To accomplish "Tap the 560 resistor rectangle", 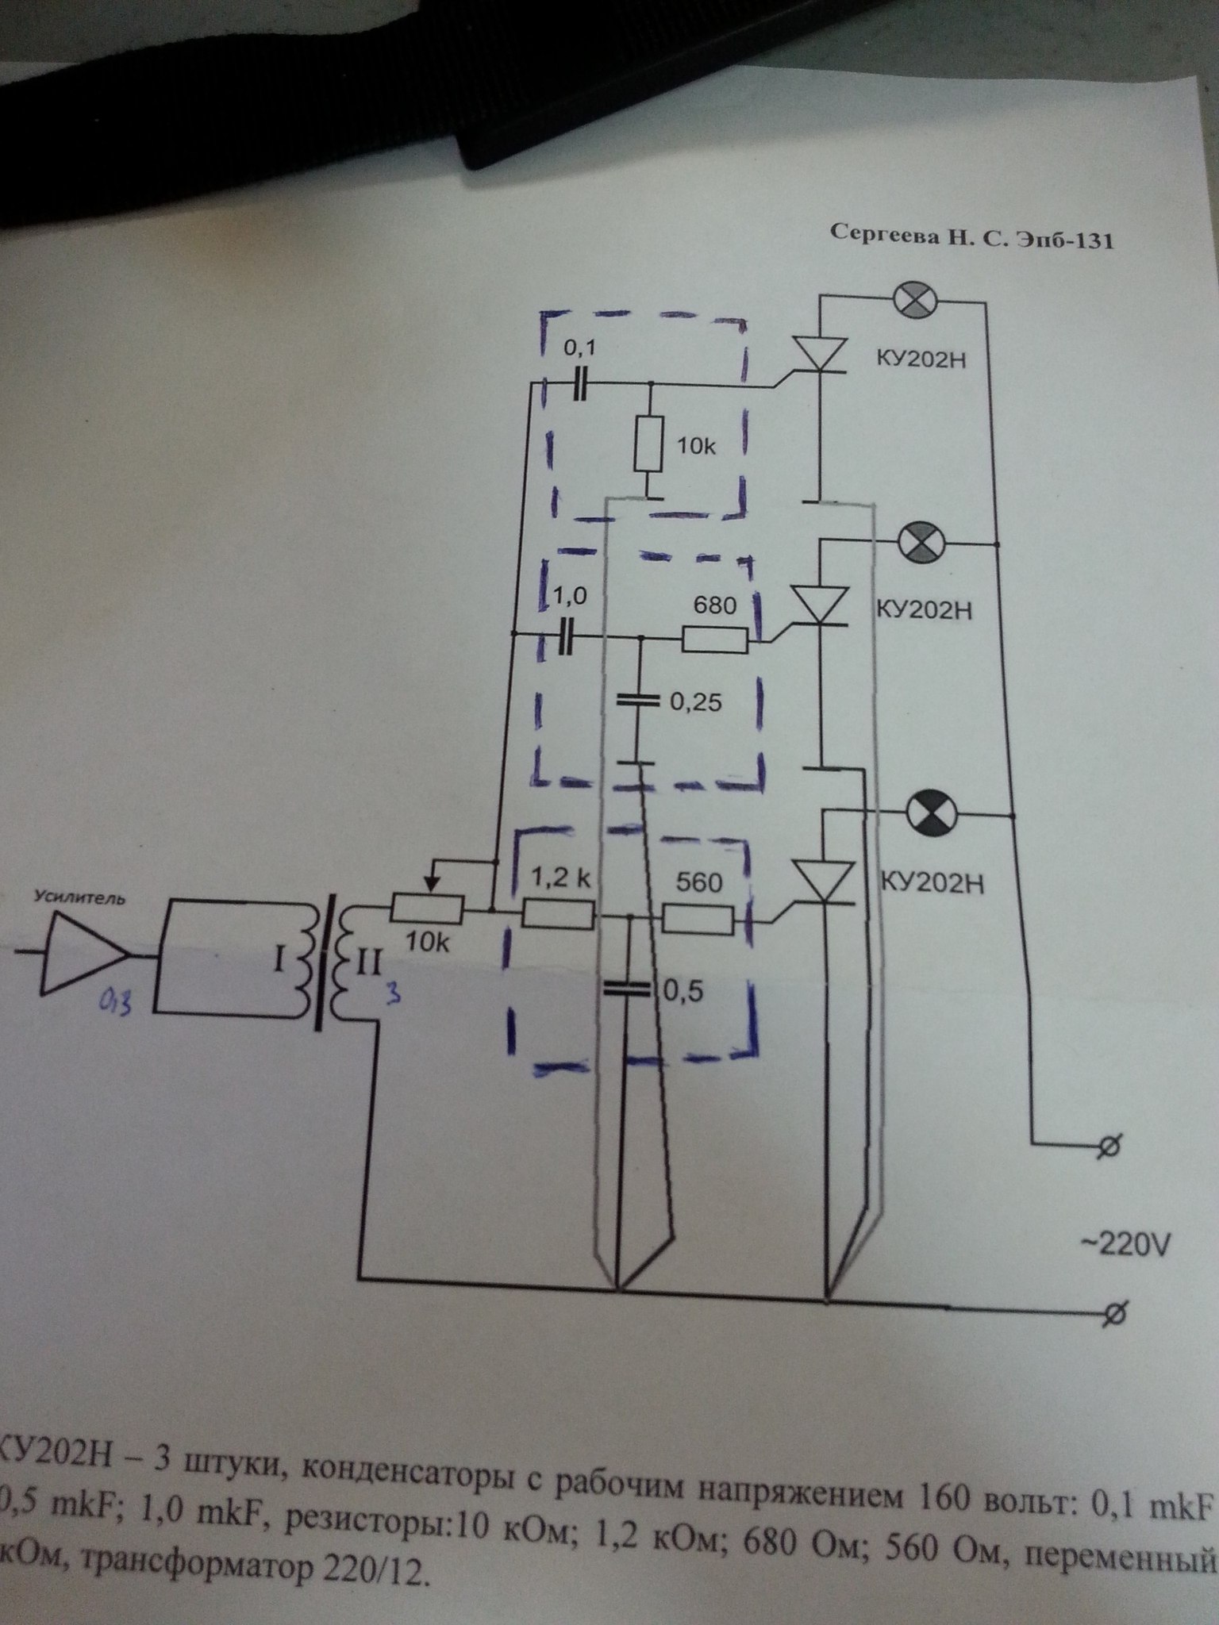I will coord(698,920).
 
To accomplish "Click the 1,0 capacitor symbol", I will coord(566,636).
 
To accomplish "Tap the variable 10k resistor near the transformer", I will coord(427,909).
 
